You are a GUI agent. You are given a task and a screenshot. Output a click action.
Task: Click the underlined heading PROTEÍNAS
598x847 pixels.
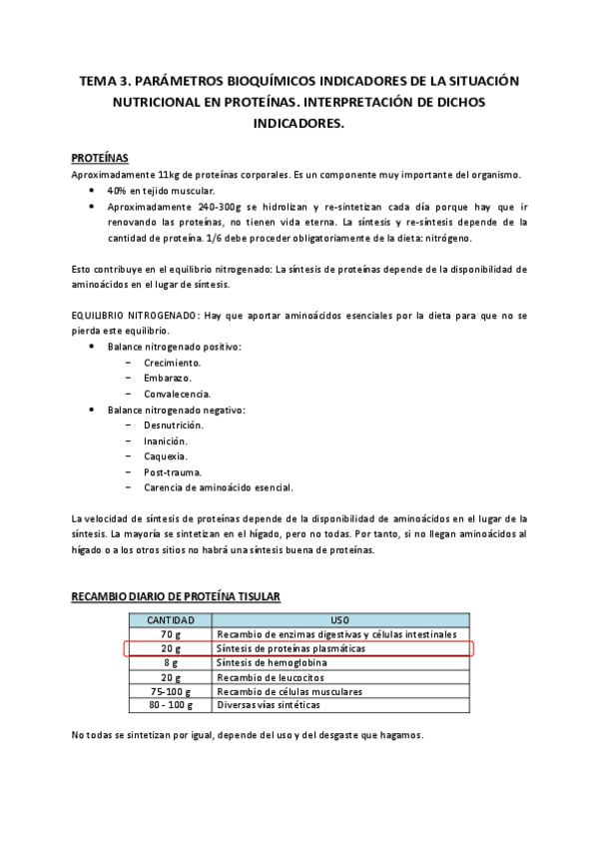tap(98, 158)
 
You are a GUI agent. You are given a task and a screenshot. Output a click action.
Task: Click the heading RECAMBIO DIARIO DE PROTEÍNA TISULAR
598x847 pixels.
tap(175, 597)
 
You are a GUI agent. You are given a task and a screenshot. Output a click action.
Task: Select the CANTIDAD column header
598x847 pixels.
tap(170, 620)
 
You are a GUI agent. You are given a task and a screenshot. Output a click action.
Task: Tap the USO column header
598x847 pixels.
tap(339, 620)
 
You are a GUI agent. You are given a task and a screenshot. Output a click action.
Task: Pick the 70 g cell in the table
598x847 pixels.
tap(170, 634)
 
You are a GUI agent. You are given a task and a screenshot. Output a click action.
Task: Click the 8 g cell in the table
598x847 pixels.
tap(170, 662)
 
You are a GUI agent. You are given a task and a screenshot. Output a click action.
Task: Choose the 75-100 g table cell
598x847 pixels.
tap(170, 690)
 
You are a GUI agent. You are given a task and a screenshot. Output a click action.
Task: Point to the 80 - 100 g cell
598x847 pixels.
tap(170, 704)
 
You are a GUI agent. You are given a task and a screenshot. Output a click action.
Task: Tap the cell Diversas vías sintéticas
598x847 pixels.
tap(269, 704)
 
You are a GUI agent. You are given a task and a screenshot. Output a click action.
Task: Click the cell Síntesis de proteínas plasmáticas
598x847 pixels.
tap(290, 648)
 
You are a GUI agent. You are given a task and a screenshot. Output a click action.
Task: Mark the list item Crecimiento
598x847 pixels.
tap(172, 363)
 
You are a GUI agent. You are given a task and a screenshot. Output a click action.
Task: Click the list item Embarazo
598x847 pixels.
tap(168, 378)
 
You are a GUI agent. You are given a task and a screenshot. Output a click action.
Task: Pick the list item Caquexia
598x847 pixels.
tap(166, 455)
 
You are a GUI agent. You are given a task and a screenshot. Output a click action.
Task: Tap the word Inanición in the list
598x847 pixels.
tap(166, 440)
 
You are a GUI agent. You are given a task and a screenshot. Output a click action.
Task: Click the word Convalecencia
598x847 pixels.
tap(177, 394)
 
